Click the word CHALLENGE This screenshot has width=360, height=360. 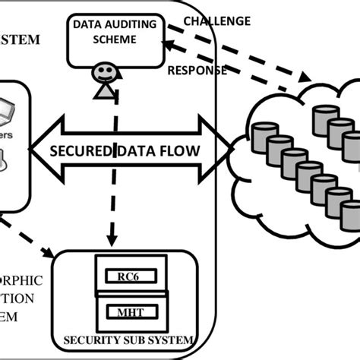pyautogui.click(x=217, y=21)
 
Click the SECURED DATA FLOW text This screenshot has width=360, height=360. pyautogui.click(x=125, y=150)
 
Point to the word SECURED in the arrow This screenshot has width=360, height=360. pyautogui.click(x=80, y=150)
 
